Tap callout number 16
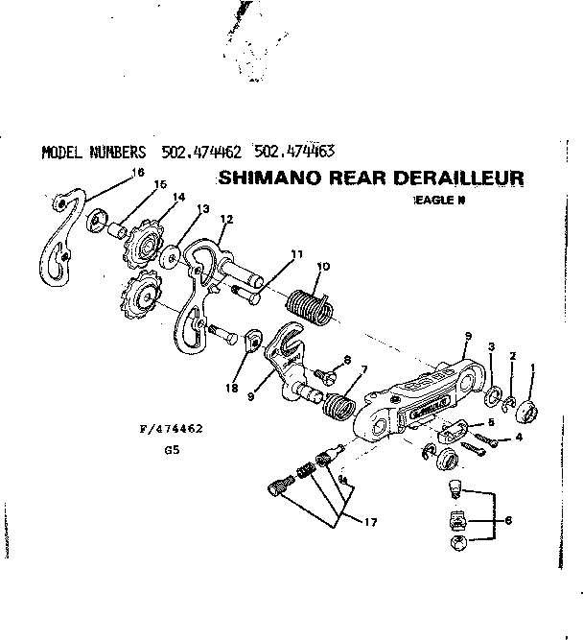pos(138,173)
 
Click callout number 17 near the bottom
pos(370,521)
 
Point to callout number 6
pos(507,521)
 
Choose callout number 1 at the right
pos(533,368)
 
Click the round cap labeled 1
pos(530,414)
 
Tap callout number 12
pos(226,219)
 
